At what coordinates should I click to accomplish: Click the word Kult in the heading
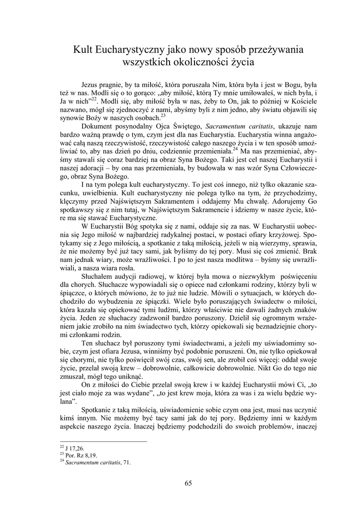[84, 50]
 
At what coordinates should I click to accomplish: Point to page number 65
[188, 483]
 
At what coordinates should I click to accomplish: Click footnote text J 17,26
[71, 448]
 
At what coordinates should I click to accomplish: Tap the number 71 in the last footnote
[127, 462]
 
